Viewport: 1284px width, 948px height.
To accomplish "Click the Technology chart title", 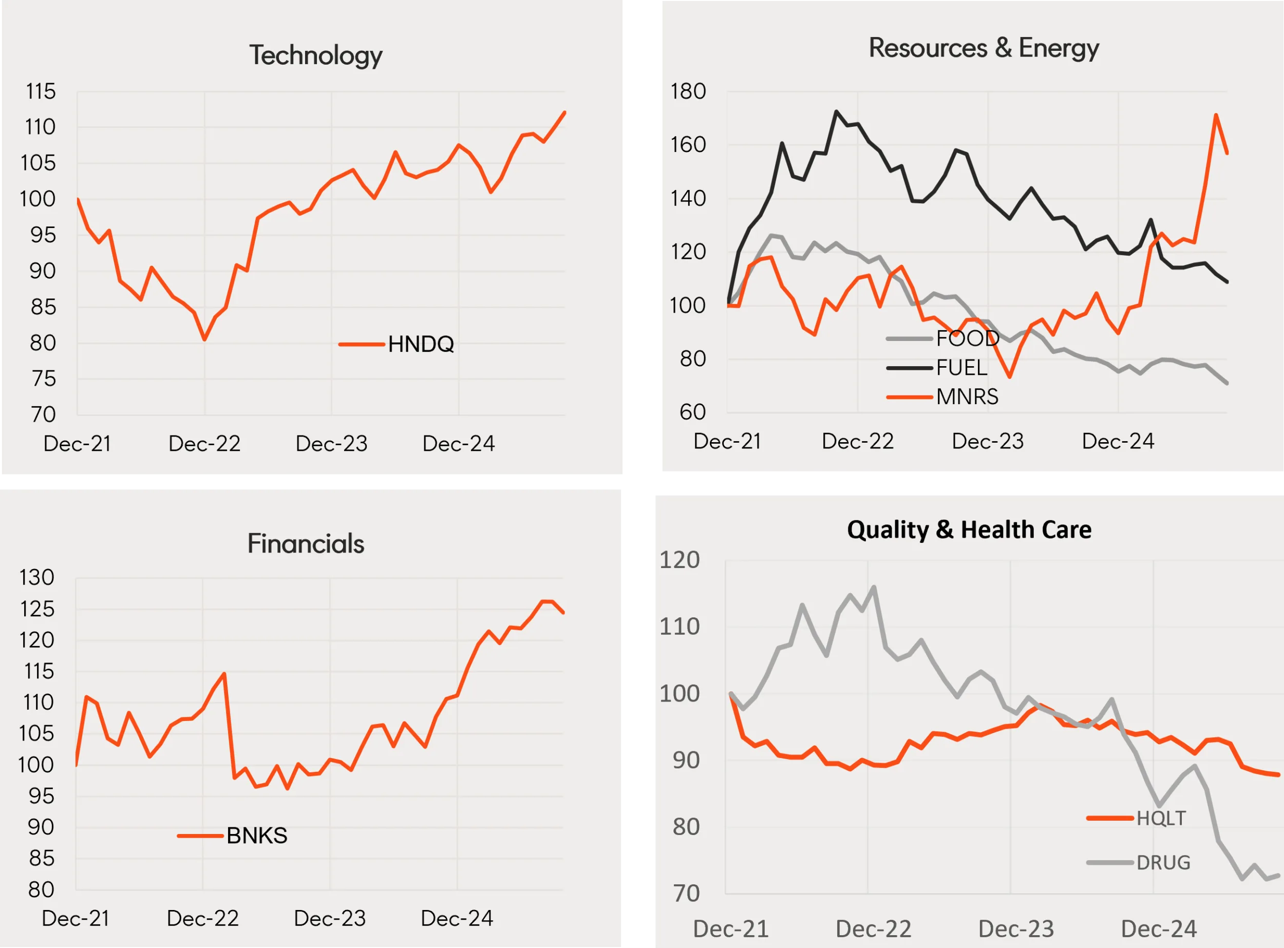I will tap(316, 55).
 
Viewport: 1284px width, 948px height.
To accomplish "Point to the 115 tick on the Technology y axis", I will tap(40, 91).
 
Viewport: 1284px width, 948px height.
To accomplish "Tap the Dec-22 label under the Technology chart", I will tap(204, 444).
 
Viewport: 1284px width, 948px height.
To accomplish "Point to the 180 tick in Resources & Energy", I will tap(688, 91).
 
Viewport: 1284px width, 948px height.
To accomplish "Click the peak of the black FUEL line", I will tap(836, 111).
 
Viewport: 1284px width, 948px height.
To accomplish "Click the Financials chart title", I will tap(306, 543).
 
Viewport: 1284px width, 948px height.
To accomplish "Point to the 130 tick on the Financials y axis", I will tap(37, 577).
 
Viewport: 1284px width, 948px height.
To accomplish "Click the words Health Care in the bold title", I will tap(1026, 529).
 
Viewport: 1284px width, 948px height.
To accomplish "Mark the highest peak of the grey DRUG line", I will tap(874, 586).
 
